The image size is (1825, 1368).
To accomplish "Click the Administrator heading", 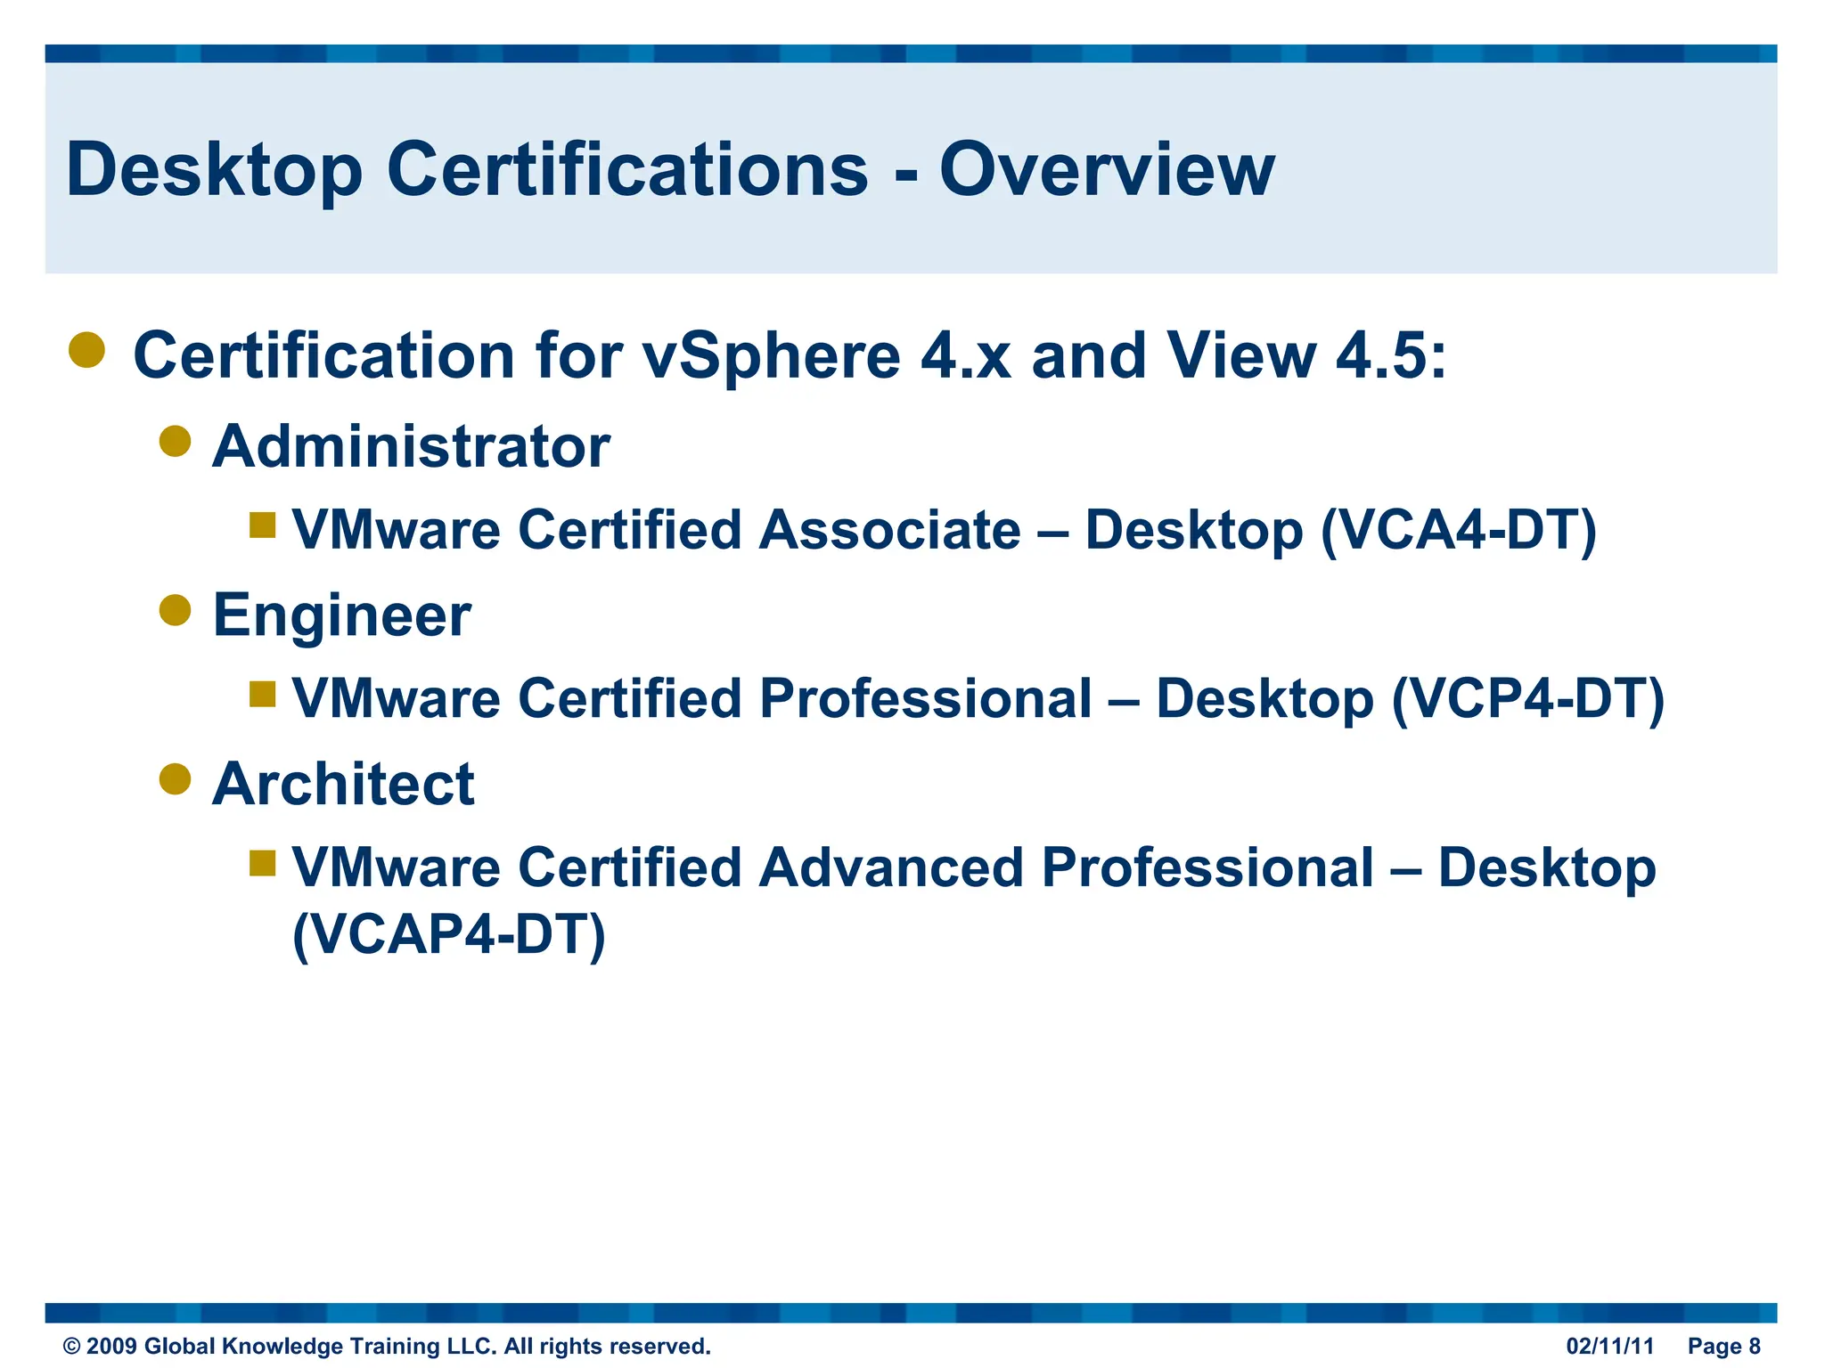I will (411, 446).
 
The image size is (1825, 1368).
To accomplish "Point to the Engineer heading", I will (342, 615).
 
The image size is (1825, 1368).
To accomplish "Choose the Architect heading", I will (343, 785).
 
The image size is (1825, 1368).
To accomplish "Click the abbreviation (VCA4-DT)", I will (1458, 531).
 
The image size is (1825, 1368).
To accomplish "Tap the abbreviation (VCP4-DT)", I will (1527, 699).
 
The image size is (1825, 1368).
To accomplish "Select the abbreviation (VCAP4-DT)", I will (449, 935).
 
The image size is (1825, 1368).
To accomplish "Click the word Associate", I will (889, 531).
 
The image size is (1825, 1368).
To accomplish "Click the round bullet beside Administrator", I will (176, 441).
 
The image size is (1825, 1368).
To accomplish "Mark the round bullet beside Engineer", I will (176, 610).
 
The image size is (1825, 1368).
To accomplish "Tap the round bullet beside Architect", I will (176, 779).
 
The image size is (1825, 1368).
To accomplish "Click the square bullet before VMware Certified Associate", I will (263, 525).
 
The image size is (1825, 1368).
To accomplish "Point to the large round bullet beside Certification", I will (87, 350).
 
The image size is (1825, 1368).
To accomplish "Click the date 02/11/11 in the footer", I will (1609, 1346).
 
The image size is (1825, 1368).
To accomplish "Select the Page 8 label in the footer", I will (1723, 1346).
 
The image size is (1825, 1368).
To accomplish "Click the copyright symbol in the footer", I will (71, 1347).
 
